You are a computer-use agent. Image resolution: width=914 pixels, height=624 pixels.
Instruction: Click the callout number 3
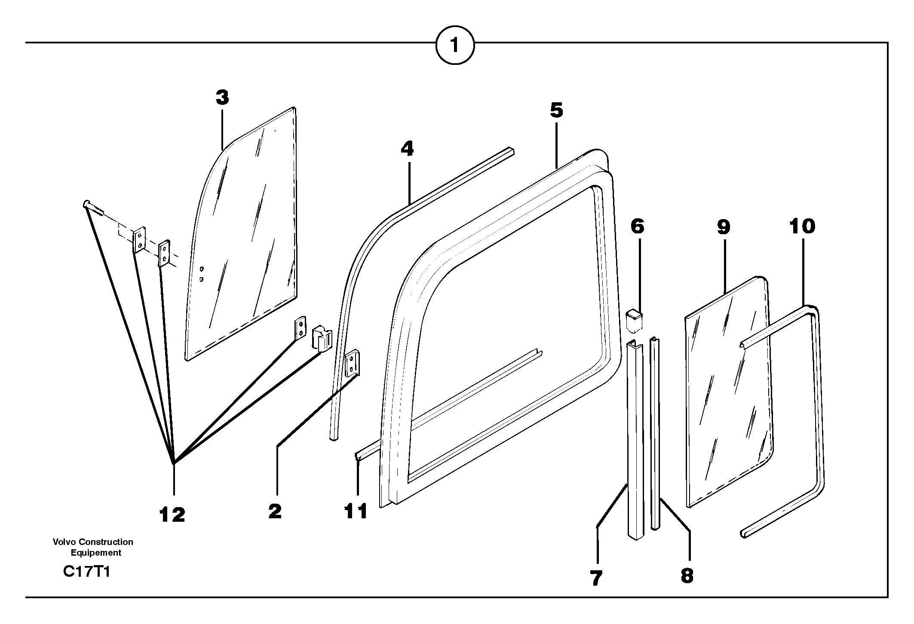tap(222, 98)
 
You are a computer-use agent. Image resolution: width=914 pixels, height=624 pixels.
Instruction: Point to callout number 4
tap(407, 149)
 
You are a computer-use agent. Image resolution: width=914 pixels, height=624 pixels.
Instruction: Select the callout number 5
tap(556, 110)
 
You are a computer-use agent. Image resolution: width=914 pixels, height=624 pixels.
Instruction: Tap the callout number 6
tap(637, 226)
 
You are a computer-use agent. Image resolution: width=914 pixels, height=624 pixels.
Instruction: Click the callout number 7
tap(596, 578)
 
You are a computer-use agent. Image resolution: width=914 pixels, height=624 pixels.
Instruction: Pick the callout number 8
tap(687, 575)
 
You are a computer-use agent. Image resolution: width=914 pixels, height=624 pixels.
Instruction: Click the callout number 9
tap(724, 226)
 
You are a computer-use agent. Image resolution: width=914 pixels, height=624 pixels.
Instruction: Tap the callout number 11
tap(356, 511)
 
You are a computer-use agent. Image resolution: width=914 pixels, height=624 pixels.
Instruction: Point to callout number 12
tap(172, 514)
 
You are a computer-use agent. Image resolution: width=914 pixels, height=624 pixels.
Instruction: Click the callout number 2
tap(275, 511)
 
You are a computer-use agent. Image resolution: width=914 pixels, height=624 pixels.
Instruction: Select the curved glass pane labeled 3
tap(245, 241)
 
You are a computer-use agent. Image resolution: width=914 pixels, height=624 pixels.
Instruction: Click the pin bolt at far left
tap(92, 207)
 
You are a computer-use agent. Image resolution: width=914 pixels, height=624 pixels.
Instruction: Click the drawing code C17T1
tap(86, 572)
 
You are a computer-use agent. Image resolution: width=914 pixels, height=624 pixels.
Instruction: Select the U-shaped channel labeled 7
tap(635, 438)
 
